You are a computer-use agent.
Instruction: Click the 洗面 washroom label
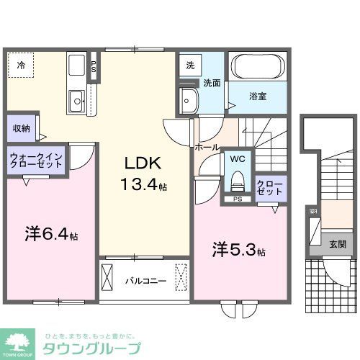(x=210, y=84)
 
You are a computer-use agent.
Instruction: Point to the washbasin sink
(x=189, y=99)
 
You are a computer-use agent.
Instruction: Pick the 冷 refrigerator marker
(x=22, y=65)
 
